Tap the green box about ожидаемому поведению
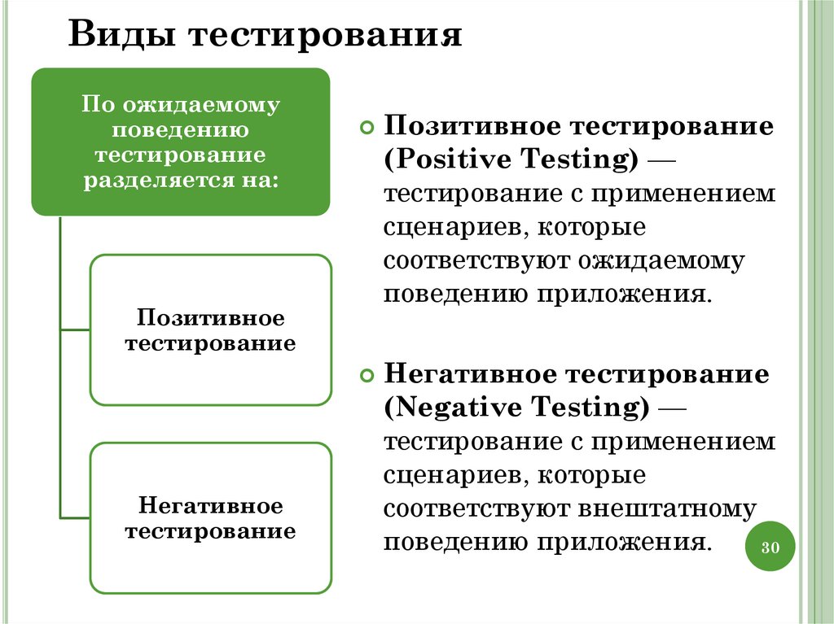coord(181,142)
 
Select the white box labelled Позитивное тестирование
coord(210,329)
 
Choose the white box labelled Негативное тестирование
coord(210,518)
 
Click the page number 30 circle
coord(770,548)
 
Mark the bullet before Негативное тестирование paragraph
coord(367,376)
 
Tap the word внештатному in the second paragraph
coord(668,508)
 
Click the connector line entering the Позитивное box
coord(75,330)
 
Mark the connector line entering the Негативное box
coord(75,518)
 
